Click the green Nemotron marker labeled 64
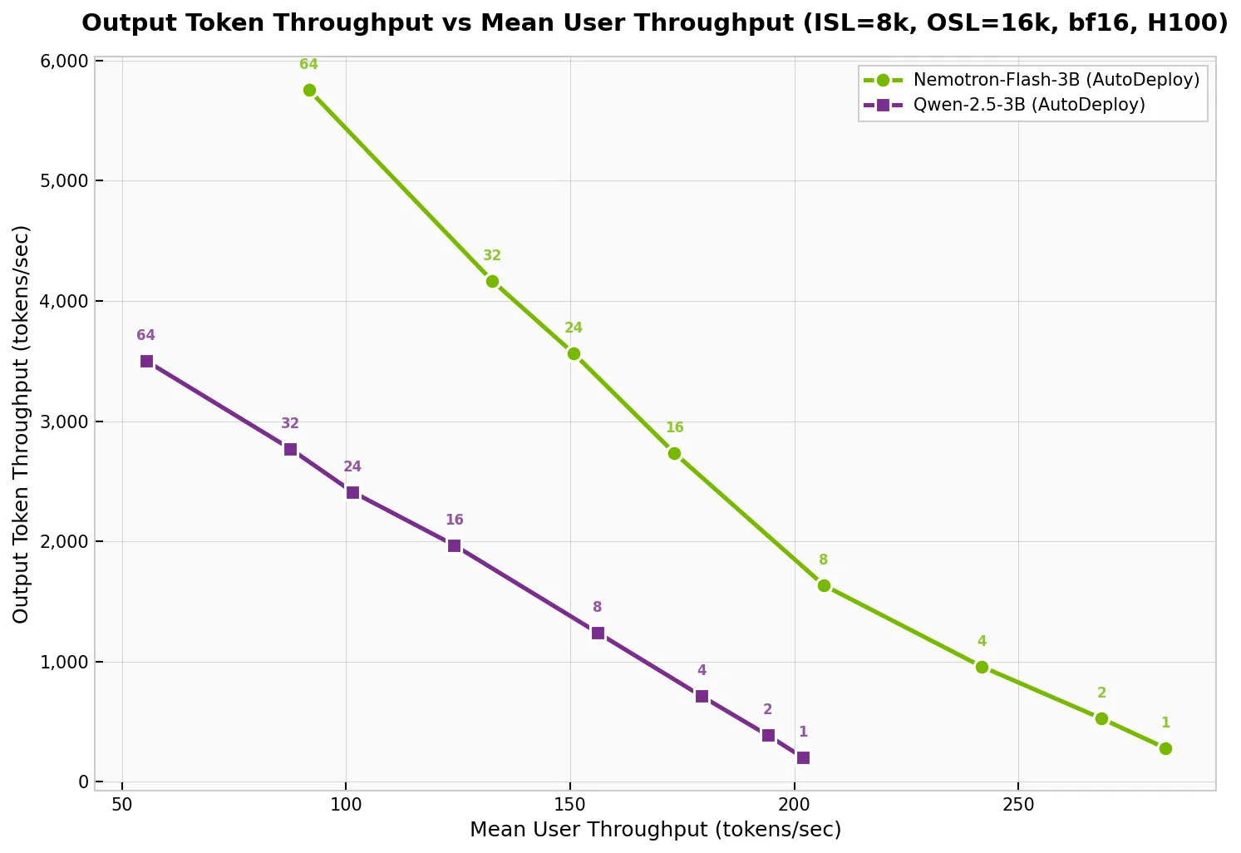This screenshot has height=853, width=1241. point(309,90)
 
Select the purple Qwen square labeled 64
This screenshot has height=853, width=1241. point(146,361)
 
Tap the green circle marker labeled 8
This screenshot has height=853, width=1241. point(824,585)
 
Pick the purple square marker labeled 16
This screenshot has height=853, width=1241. point(454,545)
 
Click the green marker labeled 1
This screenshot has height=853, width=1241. point(1165,748)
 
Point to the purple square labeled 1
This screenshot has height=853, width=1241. point(803,757)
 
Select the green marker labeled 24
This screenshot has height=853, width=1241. point(574,353)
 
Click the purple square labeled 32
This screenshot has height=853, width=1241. point(290,449)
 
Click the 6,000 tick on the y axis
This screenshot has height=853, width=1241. point(64,62)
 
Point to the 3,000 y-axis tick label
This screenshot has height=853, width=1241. point(64,422)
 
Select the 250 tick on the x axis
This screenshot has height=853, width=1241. point(1018,805)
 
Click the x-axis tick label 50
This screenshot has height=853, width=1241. point(122,805)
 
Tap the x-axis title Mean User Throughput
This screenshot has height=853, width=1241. point(655,830)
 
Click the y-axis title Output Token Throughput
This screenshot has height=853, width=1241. point(22,424)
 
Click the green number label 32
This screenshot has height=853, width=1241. point(492,256)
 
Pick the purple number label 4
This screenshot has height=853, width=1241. point(702,671)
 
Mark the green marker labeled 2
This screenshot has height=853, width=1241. point(1101,718)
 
